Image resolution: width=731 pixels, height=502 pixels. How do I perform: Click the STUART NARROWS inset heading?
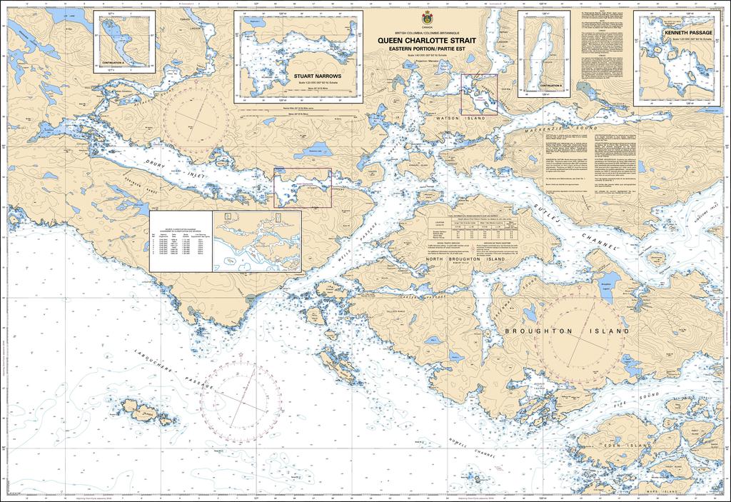(x=317, y=75)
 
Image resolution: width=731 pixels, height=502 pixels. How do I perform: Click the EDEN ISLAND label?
(x=631, y=444)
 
